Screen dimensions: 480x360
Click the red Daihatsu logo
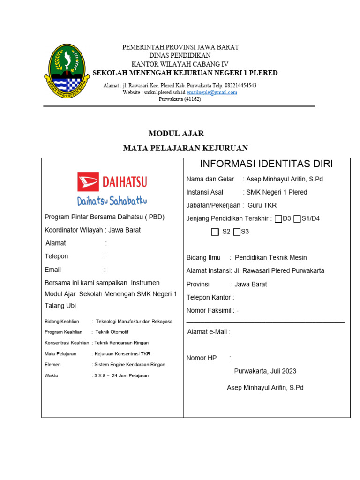point(112,181)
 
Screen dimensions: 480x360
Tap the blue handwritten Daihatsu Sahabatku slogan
point(112,201)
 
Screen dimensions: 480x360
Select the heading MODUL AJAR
point(176,134)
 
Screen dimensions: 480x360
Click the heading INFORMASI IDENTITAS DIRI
point(266,164)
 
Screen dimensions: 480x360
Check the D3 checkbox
point(278,219)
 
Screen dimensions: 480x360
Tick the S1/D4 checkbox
point(297,219)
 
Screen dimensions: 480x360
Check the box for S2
point(215,232)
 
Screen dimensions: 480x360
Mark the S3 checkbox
point(237,232)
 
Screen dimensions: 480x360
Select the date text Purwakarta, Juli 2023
point(265,371)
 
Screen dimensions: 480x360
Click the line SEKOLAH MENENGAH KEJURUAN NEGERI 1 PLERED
point(185,73)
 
